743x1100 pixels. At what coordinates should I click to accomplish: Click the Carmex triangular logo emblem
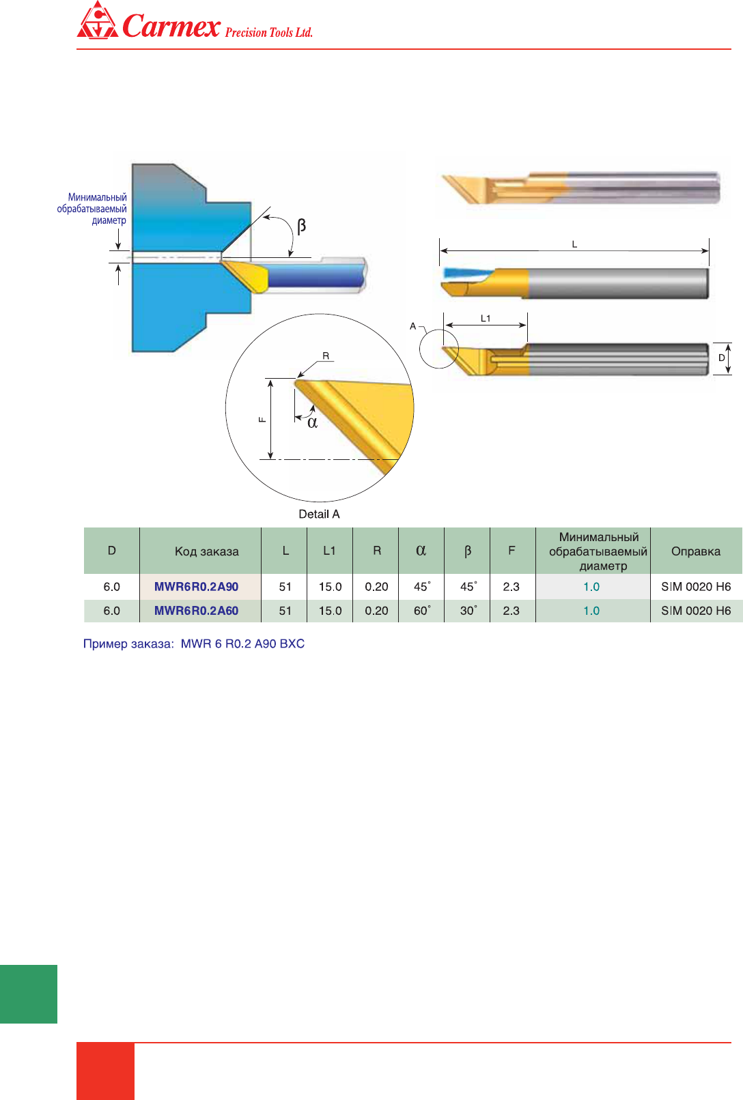[x=97, y=22]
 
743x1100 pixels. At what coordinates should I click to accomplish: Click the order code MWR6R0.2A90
[x=196, y=587]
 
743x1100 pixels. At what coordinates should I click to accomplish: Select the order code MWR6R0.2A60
[x=196, y=611]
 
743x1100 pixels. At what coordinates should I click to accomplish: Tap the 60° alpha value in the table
[x=421, y=611]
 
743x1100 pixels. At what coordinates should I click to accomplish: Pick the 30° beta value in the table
[x=468, y=611]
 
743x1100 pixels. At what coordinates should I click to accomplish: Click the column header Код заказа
[x=206, y=551]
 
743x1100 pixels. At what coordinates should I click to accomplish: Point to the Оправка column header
[x=695, y=551]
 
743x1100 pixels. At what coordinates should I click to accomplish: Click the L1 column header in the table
[x=329, y=551]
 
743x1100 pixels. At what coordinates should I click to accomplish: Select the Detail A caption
[x=319, y=515]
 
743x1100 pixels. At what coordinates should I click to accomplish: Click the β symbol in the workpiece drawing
[x=301, y=226]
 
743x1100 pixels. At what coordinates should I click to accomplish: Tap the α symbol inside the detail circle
[x=312, y=423]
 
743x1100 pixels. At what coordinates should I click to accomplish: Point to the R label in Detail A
[x=326, y=356]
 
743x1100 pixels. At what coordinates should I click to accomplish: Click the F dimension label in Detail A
[x=262, y=420]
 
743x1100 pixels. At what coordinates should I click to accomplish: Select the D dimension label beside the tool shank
[x=721, y=358]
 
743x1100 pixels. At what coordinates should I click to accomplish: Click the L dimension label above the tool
[x=574, y=244]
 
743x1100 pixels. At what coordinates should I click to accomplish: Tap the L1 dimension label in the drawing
[x=486, y=319]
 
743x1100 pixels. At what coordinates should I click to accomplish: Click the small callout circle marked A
[x=438, y=349]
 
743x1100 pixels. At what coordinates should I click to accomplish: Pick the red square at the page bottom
[x=105, y=1071]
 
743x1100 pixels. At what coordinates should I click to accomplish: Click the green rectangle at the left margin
[x=29, y=994]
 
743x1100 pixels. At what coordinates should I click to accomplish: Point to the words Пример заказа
[x=128, y=643]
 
